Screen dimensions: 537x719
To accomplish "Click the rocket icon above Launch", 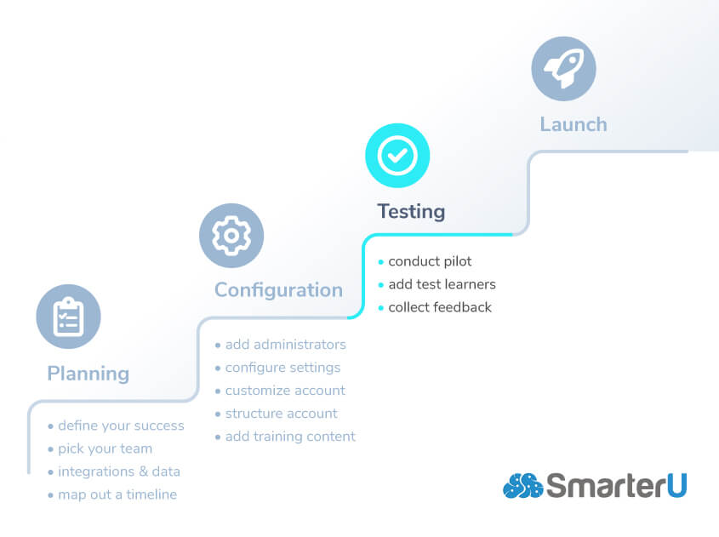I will point(563,69).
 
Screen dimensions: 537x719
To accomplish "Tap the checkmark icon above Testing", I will point(397,156).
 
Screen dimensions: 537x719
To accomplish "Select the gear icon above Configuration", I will point(231,236).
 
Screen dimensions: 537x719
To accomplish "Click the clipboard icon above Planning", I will point(68,317).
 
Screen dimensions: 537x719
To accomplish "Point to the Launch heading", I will point(573,124).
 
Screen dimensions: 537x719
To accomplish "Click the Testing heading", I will point(411,211).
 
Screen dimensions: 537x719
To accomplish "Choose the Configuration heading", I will point(278,290).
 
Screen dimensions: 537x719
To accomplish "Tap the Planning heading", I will point(88,374).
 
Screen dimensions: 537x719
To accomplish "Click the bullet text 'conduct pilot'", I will point(430,261).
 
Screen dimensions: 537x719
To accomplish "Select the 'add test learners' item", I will point(442,284).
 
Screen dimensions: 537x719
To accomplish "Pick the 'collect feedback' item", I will point(440,307).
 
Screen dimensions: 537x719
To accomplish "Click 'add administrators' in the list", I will point(285,345).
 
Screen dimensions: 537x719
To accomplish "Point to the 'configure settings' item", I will point(282,368).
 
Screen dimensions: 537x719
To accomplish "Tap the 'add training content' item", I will point(290,437).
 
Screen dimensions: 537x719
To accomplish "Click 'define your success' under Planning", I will point(121,426).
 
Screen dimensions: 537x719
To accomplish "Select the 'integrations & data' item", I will point(118,471).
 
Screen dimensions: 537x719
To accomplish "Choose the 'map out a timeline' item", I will point(117,494).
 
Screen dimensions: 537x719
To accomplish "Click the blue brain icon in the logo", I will point(522,486).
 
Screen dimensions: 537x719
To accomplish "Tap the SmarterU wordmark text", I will point(617,486).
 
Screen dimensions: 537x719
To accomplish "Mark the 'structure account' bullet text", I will point(281,414).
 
